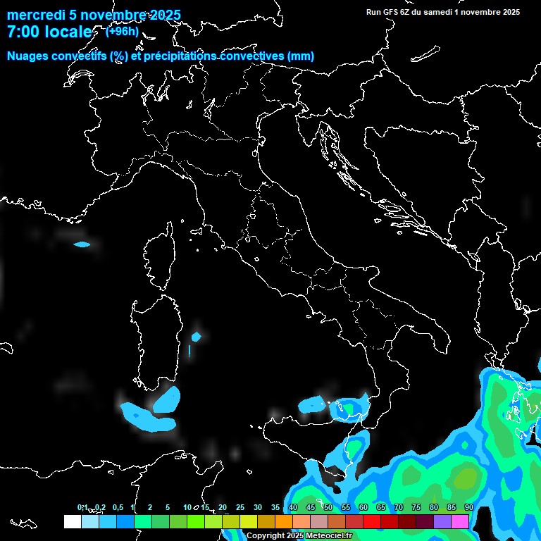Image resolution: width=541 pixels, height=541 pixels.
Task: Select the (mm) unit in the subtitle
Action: click(x=301, y=56)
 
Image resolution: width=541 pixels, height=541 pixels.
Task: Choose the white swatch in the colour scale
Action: click(x=72, y=521)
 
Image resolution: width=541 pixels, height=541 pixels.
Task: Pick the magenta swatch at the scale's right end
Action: click(x=460, y=521)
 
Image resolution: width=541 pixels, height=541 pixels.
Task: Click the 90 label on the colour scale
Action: click(x=468, y=508)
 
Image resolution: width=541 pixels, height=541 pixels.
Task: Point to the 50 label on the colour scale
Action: click(x=328, y=508)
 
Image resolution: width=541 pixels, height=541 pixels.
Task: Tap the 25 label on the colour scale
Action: click(x=240, y=508)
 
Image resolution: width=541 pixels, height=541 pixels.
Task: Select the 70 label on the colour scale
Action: click(x=398, y=508)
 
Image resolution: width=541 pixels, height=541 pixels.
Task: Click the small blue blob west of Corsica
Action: click(x=82, y=244)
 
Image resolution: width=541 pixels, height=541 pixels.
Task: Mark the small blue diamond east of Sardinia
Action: click(x=197, y=336)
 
